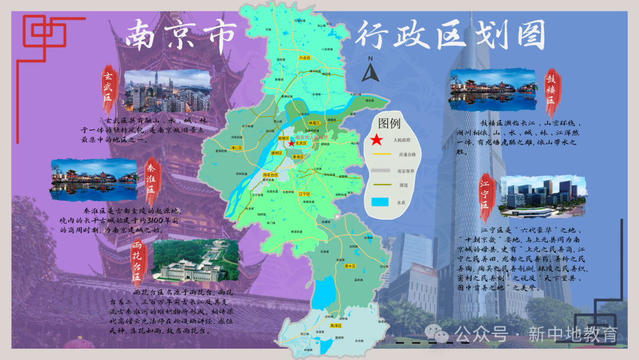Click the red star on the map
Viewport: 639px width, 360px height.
tap(291, 143)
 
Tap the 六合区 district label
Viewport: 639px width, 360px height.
tap(305, 58)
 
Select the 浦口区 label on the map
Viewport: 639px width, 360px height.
tap(237, 147)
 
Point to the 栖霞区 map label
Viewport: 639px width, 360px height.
tap(314, 123)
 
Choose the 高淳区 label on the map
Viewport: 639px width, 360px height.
tap(335, 326)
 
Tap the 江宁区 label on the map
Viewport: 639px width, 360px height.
tap(305, 194)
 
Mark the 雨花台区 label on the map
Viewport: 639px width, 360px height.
tap(270, 175)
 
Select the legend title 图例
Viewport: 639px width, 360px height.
tap(390, 124)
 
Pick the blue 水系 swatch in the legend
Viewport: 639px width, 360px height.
tap(380, 201)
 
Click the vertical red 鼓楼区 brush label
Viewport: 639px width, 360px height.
tap(551, 88)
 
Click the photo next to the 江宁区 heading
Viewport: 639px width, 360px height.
tap(544, 196)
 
